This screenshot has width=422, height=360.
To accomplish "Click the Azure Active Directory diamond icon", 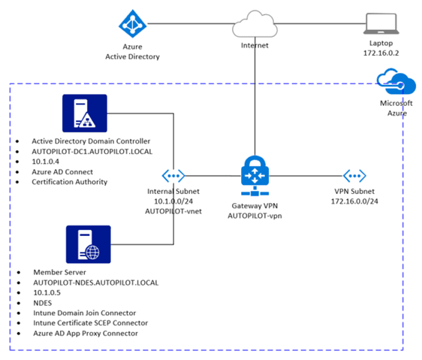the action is point(133,24).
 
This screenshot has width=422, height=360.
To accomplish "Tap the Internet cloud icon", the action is point(255,24).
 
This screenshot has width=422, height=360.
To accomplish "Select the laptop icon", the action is point(381,24).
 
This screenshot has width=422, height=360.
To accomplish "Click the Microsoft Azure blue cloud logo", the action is point(396,81).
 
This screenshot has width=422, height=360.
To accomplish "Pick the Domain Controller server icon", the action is point(85,113).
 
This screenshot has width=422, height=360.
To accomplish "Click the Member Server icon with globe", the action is point(89,244).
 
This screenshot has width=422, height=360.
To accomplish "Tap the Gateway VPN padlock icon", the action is point(255,175).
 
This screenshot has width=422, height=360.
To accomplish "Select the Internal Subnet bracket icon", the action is point(173,176).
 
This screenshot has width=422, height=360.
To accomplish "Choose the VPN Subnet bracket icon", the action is point(354,176).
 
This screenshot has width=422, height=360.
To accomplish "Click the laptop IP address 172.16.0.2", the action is point(381,53).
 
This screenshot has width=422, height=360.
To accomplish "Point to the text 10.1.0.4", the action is point(46,162).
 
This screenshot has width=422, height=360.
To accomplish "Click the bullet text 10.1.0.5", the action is point(47,292).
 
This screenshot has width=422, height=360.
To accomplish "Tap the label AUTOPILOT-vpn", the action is point(255,216).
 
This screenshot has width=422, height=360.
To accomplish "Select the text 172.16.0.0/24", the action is point(354,201).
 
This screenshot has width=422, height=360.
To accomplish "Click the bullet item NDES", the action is point(43,303).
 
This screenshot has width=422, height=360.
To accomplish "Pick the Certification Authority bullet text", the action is point(70,182).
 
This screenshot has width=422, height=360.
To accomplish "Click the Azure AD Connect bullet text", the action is point(62,171).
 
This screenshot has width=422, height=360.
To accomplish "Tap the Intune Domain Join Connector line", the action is point(85,313).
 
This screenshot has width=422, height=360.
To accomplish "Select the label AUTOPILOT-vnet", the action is point(173,211).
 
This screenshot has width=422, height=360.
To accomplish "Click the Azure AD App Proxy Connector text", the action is point(86,334).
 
